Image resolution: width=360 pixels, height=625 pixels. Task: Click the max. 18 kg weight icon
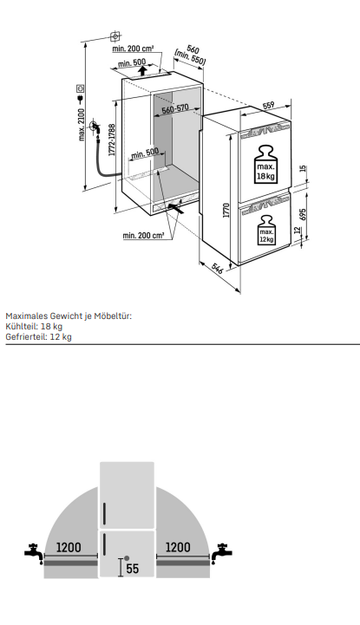click(266, 165)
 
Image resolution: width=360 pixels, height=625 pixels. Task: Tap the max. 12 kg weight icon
click(266, 231)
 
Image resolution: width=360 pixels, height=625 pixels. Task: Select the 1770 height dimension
click(226, 210)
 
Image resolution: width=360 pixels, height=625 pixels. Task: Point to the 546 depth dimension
click(218, 268)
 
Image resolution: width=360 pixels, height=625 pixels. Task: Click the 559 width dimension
click(268, 105)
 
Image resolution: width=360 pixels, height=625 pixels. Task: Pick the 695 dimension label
click(303, 216)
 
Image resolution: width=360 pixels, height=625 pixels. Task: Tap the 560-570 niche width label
click(175, 109)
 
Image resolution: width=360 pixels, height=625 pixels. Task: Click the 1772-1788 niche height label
click(112, 140)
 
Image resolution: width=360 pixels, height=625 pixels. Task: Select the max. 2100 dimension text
click(82, 124)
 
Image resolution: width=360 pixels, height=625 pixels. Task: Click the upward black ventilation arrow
click(141, 71)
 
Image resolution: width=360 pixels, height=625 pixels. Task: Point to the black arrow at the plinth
click(175, 207)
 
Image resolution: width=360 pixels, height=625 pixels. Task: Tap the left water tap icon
click(34, 553)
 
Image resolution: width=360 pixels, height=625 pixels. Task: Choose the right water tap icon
click(222, 553)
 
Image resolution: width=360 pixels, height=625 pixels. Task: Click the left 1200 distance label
click(69, 547)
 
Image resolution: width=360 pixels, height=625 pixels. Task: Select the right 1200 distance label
click(178, 547)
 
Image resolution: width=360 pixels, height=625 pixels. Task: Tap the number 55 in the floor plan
click(133, 569)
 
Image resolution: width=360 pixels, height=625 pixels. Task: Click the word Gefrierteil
click(25, 337)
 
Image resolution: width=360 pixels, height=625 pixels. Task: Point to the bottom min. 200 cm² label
click(143, 236)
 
